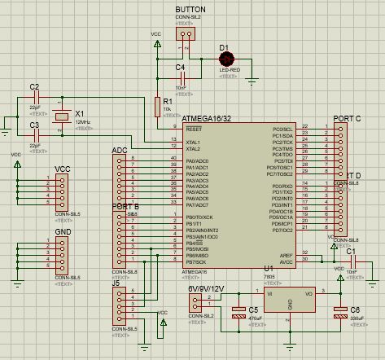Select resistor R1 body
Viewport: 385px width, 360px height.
(x=157, y=106)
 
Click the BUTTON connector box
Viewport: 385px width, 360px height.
(x=188, y=33)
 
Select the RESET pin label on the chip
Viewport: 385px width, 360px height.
(x=195, y=129)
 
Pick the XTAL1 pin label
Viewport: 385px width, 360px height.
(x=194, y=142)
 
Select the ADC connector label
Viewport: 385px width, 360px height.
(x=120, y=151)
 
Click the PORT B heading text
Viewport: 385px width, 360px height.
(x=125, y=207)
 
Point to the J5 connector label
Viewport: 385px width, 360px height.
(x=116, y=283)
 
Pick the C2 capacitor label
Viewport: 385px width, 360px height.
(x=33, y=86)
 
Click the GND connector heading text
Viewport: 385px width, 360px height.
(x=63, y=231)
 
